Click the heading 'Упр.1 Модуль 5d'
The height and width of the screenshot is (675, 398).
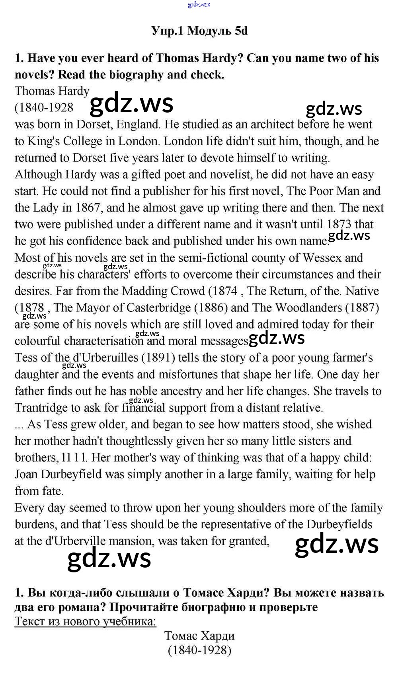(199, 31)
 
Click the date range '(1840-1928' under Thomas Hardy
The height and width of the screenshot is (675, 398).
(44, 107)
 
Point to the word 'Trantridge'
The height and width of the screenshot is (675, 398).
(41, 408)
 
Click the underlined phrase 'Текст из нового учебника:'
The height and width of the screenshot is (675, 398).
(85, 621)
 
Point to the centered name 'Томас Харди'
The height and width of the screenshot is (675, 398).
(199, 636)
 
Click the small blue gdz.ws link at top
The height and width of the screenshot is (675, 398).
(199, 5)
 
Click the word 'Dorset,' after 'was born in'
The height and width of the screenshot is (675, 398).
(94, 124)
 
